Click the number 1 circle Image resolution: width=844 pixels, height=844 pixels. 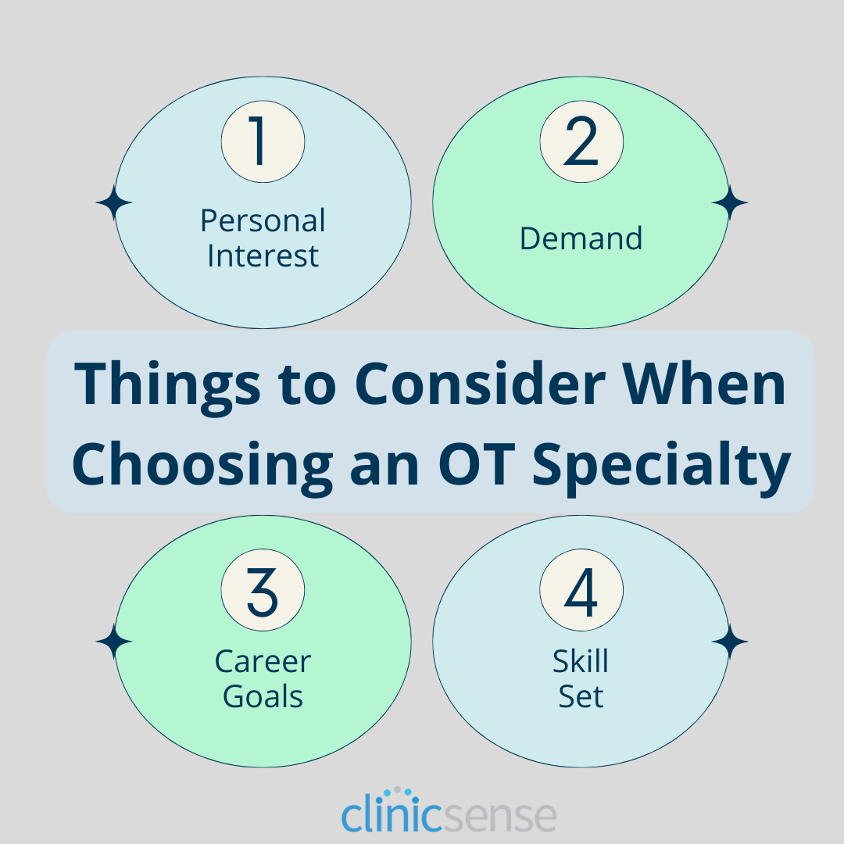pyautogui.click(x=263, y=142)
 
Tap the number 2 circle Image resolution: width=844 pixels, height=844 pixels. pyautogui.click(x=581, y=142)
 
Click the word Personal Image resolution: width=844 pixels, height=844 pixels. pyautogui.click(x=263, y=221)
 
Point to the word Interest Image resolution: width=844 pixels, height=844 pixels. pyautogui.click(x=263, y=256)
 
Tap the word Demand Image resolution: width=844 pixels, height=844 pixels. pyautogui.click(x=581, y=238)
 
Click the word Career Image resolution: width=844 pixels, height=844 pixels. pyautogui.click(x=263, y=662)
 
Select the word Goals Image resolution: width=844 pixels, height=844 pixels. pyautogui.click(x=263, y=697)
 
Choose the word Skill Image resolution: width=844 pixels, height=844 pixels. pyautogui.click(x=581, y=662)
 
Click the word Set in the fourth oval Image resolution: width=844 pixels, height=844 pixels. pyautogui.click(x=581, y=697)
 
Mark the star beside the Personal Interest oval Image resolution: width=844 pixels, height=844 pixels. pyautogui.click(x=114, y=203)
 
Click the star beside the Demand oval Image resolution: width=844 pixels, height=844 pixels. pyautogui.click(x=730, y=203)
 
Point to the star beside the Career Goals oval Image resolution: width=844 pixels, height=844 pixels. pyautogui.click(x=114, y=642)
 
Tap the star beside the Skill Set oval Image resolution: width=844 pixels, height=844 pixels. pyautogui.click(x=730, y=642)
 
